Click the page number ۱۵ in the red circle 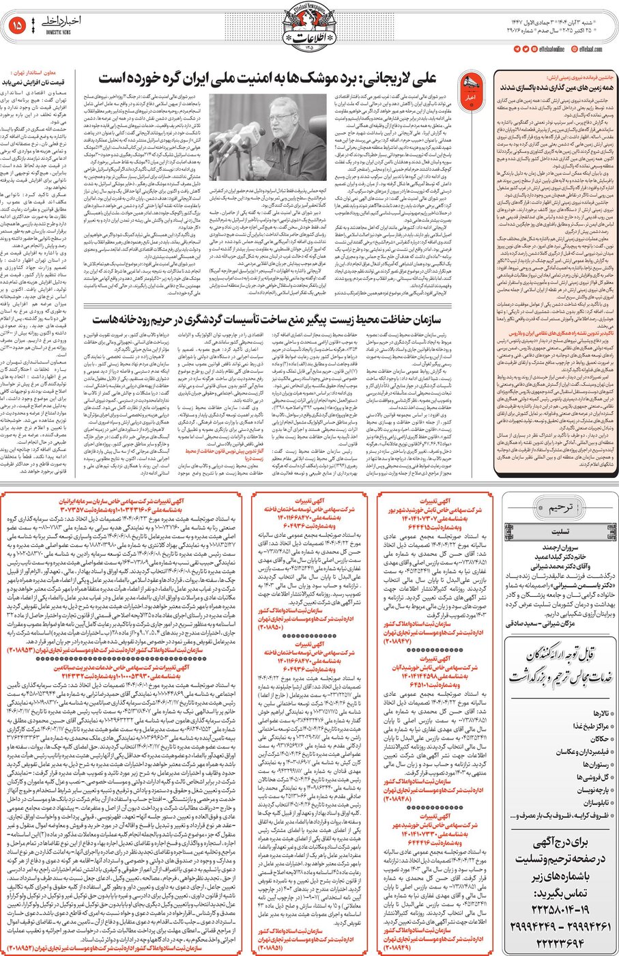point(18,25)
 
